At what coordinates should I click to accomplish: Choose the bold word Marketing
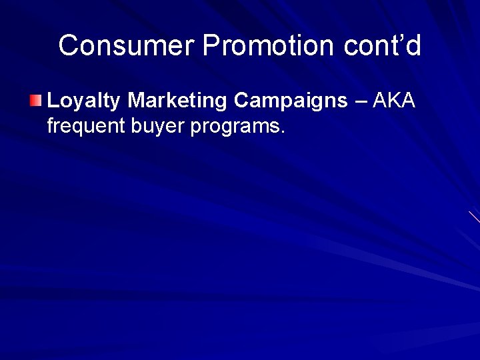click(x=178, y=101)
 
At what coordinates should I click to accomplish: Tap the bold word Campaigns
click(x=291, y=101)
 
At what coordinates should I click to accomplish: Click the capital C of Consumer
click(x=68, y=46)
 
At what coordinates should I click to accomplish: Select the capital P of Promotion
click(x=212, y=46)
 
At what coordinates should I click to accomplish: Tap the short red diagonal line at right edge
click(x=474, y=216)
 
